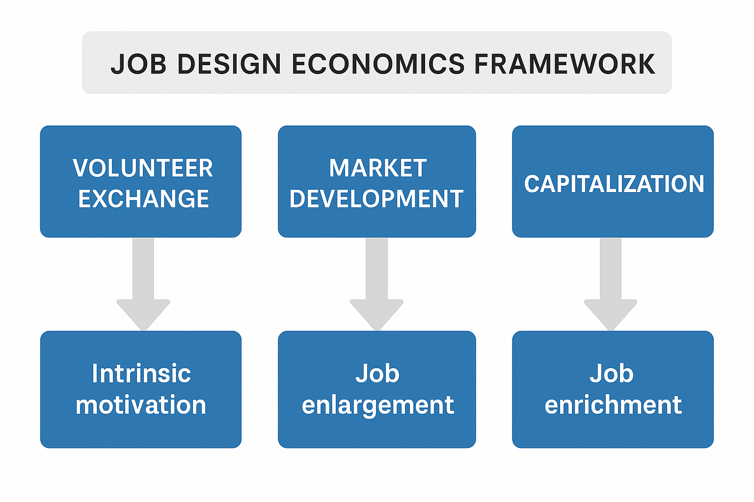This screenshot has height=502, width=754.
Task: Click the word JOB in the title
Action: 138,64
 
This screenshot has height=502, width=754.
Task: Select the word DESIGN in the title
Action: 229,64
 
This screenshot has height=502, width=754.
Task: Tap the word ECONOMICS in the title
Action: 378,64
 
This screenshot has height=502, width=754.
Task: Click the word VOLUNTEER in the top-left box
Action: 143,168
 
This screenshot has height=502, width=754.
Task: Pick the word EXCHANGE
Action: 143,199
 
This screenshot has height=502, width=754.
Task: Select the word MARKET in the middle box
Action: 377,168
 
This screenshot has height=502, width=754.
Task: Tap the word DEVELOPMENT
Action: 377,199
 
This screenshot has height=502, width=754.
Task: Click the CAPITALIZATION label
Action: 614,184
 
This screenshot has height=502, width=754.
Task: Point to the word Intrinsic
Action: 141,374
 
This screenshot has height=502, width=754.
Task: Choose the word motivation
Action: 141,405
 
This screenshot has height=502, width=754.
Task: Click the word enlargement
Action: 378,405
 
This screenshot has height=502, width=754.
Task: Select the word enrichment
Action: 613,405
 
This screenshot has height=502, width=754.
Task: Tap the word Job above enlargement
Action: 377,374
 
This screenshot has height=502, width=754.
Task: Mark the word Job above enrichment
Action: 612,374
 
